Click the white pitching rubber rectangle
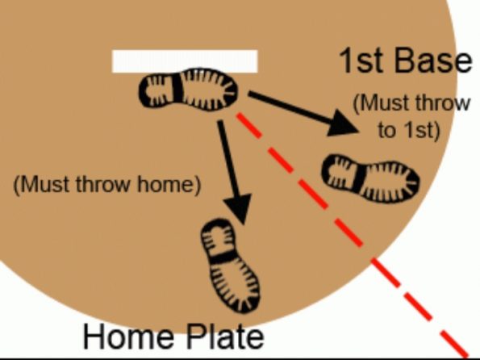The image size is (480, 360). point(184,61)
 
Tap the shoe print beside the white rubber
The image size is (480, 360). point(190,89)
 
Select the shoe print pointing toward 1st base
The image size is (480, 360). point(371,178)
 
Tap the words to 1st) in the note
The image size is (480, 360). point(408,130)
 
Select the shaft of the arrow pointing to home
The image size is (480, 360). point(229,161)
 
